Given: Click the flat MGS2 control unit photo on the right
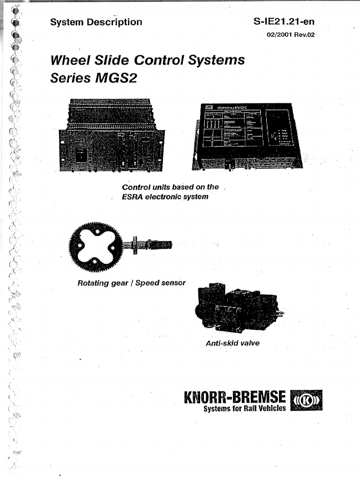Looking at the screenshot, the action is pos(247,136).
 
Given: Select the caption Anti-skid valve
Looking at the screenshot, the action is pos(232,343).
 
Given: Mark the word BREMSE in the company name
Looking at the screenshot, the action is pos(261,398).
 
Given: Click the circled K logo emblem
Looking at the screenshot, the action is pos(307,401).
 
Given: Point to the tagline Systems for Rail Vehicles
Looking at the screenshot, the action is pos(244,409).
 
